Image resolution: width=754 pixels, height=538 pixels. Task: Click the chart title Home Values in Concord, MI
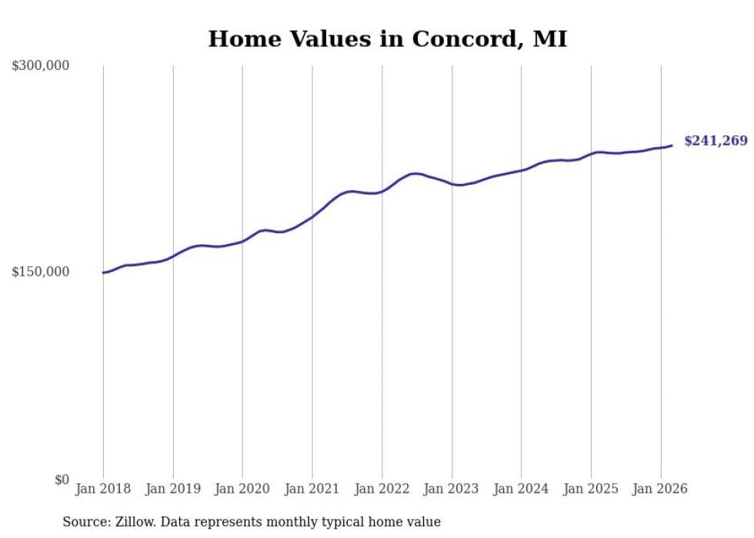click(388, 39)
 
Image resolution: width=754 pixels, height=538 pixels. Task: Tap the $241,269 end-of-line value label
click(716, 141)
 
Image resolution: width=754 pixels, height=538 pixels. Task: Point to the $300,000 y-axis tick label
click(41, 65)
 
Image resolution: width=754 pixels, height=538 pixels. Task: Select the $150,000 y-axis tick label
click(41, 272)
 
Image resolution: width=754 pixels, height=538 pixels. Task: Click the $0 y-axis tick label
click(62, 480)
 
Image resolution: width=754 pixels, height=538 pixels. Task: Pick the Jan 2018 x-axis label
click(103, 489)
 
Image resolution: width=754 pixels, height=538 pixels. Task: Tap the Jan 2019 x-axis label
click(173, 489)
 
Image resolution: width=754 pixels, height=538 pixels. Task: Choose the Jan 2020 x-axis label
click(242, 489)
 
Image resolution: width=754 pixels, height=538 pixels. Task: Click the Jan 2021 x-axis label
click(312, 489)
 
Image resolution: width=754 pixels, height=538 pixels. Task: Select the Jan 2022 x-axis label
click(382, 489)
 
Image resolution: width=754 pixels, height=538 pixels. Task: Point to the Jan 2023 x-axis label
click(452, 489)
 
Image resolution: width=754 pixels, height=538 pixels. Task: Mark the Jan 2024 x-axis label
click(521, 489)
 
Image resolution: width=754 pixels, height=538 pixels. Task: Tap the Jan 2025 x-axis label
click(591, 489)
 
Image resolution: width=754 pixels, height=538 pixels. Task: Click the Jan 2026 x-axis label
click(660, 489)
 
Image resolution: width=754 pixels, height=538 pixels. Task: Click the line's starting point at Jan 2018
click(103, 272)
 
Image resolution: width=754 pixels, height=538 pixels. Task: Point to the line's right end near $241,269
click(672, 145)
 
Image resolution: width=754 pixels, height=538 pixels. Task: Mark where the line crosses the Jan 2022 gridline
click(382, 192)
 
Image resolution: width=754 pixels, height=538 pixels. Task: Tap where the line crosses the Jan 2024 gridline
click(521, 170)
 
